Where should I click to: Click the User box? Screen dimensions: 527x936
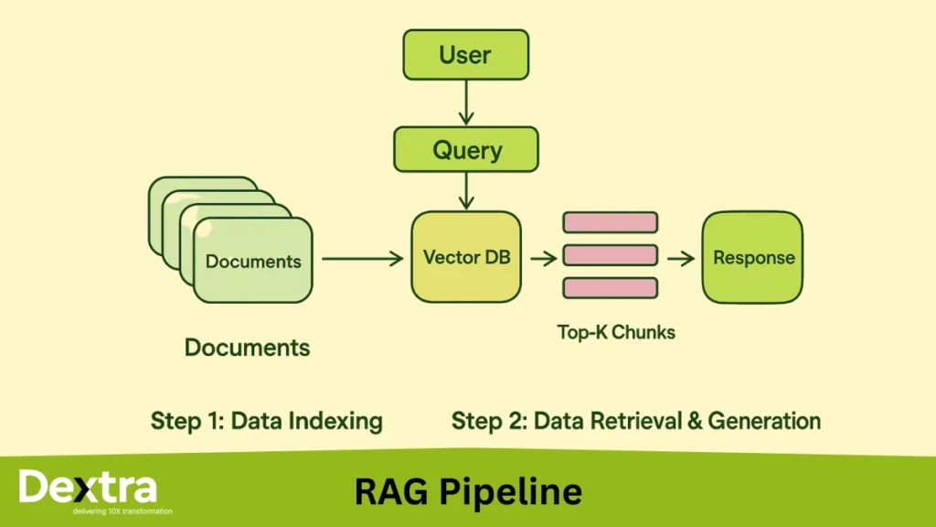tap(466, 54)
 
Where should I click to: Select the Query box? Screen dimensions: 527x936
tap(466, 149)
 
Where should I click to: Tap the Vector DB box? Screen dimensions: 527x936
tap(466, 257)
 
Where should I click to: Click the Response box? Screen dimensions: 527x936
tap(752, 257)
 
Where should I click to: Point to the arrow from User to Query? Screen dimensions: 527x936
tap(466, 102)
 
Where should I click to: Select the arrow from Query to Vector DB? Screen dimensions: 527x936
tap(466, 190)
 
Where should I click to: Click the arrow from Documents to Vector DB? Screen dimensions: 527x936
tap(362, 259)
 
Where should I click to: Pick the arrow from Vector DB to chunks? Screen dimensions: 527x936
tap(543, 259)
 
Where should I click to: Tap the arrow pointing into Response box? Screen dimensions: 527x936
tap(680, 259)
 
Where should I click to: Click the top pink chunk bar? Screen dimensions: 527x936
tap(610, 222)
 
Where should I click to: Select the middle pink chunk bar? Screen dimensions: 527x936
tap(610, 255)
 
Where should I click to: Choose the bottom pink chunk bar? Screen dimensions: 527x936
tap(610, 288)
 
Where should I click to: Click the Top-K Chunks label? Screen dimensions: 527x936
tap(616, 332)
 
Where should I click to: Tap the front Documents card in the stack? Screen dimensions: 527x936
tap(252, 261)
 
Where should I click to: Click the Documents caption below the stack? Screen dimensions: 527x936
tap(247, 348)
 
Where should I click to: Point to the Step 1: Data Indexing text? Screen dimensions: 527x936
tap(266, 421)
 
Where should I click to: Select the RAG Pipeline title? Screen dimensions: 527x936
tap(468, 491)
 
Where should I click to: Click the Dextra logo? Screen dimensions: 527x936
tap(88, 487)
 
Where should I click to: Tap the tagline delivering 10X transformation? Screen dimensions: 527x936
tap(122, 511)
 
